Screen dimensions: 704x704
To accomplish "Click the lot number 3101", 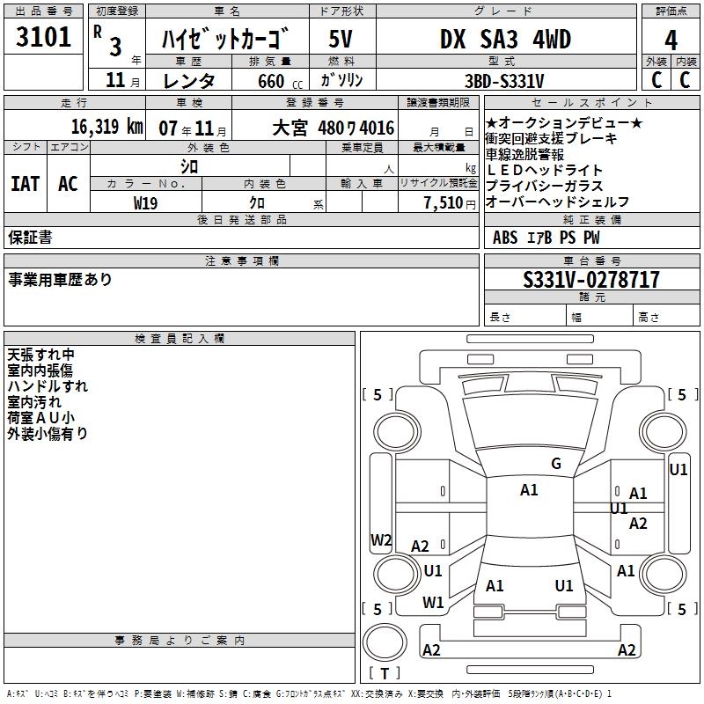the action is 45,39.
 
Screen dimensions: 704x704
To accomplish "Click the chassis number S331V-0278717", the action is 590,281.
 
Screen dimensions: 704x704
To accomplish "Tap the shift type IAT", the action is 26,184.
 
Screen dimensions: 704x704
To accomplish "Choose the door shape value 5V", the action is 341,40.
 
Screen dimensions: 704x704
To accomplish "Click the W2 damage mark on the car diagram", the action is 381,539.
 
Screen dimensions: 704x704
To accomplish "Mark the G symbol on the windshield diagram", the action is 556,464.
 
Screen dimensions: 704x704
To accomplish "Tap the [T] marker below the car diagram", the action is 384,674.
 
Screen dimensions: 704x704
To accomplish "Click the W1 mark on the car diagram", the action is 433,603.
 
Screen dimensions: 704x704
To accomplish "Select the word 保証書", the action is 30,237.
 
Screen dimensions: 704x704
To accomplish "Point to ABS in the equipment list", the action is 505,237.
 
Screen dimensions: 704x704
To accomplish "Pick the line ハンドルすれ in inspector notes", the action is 48,386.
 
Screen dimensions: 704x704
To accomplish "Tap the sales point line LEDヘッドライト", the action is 545,170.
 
